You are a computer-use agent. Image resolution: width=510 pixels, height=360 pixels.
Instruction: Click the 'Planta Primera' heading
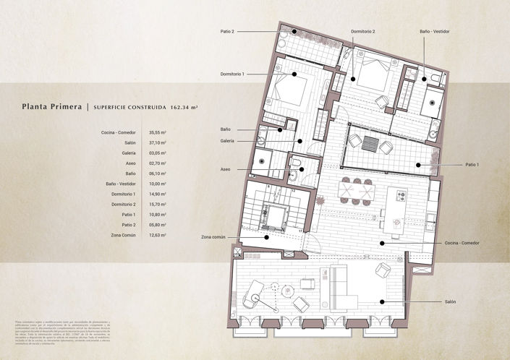point(52,107)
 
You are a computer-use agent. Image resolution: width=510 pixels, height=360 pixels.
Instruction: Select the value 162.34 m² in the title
point(184,107)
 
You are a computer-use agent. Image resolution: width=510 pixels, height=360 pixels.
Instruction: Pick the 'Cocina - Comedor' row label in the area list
point(119,133)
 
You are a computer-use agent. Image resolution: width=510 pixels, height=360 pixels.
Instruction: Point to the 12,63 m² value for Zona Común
point(158,235)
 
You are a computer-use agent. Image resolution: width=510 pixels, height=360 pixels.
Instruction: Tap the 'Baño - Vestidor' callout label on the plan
point(434,32)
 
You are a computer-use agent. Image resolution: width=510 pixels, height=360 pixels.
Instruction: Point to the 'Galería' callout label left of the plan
point(227,141)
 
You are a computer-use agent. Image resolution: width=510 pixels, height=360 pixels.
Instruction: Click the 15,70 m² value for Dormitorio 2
point(158,205)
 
